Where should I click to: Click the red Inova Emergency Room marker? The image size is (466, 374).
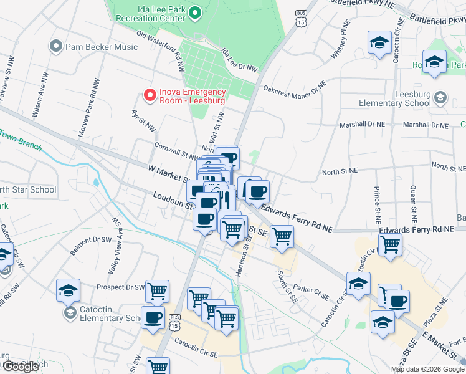click(x=150, y=95)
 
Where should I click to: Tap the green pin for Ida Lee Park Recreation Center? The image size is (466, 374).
click(x=194, y=12)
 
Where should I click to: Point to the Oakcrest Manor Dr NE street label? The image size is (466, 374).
click(x=295, y=88)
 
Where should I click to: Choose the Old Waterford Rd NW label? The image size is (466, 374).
click(x=161, y=46)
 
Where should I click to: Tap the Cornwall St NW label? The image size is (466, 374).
click(x=176, y=151)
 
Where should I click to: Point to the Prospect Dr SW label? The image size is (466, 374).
click(x=120, y=287)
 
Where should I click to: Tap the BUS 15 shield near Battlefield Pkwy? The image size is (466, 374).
click(x=302, y=17)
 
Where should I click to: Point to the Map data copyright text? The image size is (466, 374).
click(x=427, y=369)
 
